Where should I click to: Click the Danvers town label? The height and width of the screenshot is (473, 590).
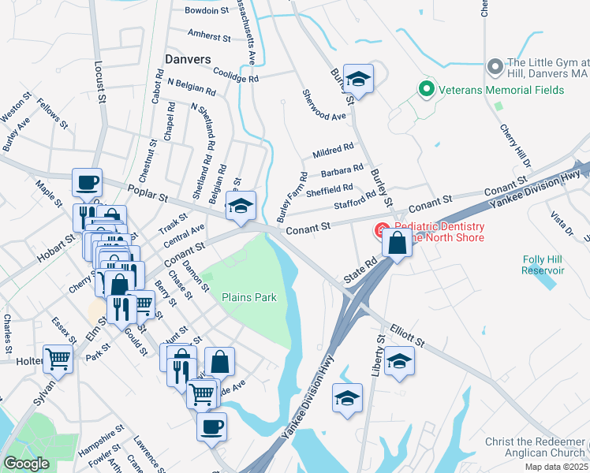pyautogui.click(x=189, y=59)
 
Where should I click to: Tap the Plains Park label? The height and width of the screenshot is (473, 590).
pyautogui.click(x=249, y=298)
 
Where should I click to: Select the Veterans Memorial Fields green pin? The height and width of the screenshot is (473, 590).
pyautogui.click(x=427, y=89)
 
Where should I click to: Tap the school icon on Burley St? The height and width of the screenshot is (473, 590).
pyautogui.click(x=358, y=79)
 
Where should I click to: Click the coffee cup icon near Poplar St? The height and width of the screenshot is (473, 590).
pyautogui.click(x=88, y=183)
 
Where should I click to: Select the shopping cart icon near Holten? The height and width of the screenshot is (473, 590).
pyautogui.click(x=58, y=359)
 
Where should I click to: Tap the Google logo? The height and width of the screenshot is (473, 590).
pyautogui.click(x=26, y=464)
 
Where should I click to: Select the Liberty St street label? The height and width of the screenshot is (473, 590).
pyautogui.click(x=379, y=354)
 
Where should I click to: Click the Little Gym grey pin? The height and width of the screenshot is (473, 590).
pyautogui.click(x=496, y=65)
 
